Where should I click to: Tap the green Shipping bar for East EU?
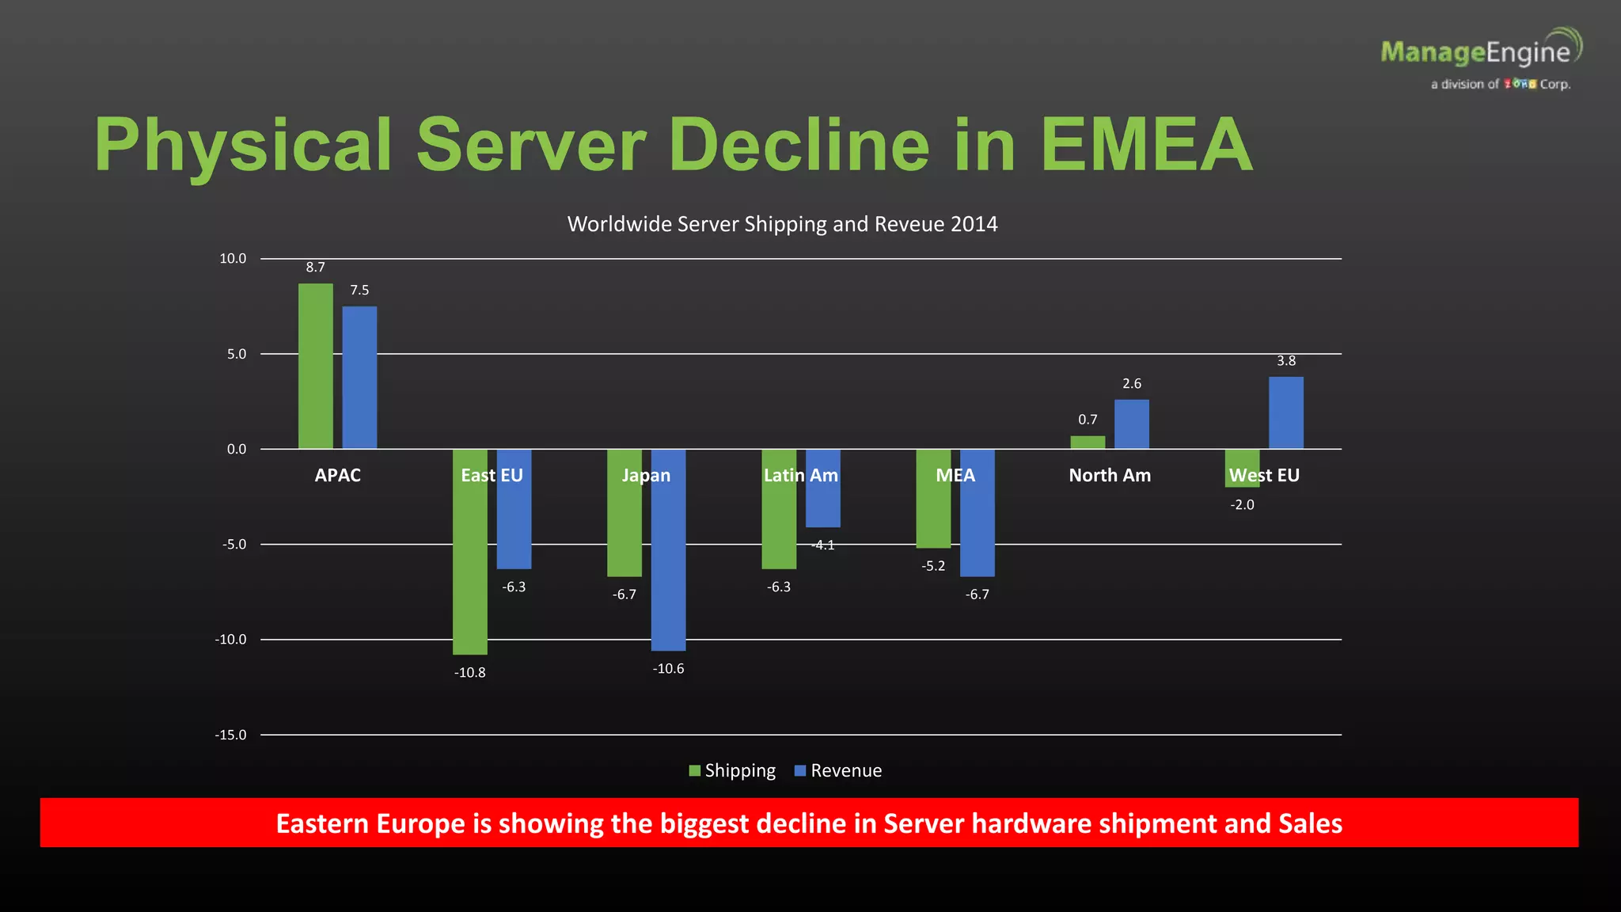(x=469, y=570)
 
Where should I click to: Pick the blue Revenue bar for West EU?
(x=1285, y=412)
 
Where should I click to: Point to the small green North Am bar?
(x=1088, y=443)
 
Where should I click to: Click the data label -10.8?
(x=469, y=673)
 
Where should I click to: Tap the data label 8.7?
(x=315, y=268)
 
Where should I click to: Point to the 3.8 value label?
(x=1285, y=361)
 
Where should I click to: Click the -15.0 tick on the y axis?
(x=230, y=735)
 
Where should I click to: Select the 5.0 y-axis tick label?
(x=237, y=354)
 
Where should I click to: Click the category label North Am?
(x=1109, y=475)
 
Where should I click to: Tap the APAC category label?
(x=337, y=475)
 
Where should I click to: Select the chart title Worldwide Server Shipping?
(x=782, y=224)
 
